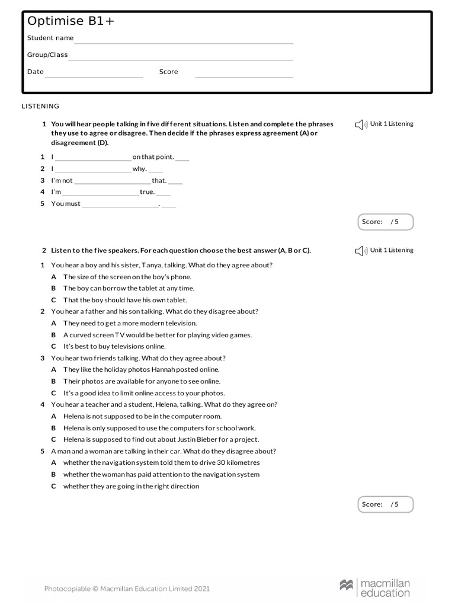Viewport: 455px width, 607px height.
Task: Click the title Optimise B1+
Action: (71, 21)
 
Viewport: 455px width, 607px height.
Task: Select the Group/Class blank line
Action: (181, 59)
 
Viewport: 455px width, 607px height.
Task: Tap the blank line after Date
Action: (94, 76)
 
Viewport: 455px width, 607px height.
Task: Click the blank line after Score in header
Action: (244, 76)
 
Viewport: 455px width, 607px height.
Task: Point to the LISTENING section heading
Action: (40, 106)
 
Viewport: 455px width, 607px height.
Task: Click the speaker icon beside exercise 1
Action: (361, 124)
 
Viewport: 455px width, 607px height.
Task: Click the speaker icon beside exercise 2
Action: (361, 251)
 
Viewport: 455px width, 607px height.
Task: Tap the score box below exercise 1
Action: (386, 222)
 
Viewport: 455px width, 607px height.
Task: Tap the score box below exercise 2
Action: (386, 504)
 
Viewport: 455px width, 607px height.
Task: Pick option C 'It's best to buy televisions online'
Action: (114, 346)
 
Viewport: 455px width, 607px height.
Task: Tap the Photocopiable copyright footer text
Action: (127, 589)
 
